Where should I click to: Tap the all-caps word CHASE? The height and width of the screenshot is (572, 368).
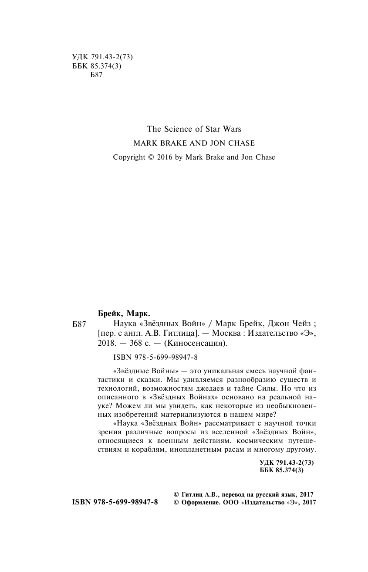pos(243,143)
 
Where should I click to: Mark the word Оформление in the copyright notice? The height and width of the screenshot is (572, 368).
pos(199,503)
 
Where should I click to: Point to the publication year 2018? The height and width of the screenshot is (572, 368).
pos(102,343)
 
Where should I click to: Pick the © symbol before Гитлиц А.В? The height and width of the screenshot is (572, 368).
pos(176,494)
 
